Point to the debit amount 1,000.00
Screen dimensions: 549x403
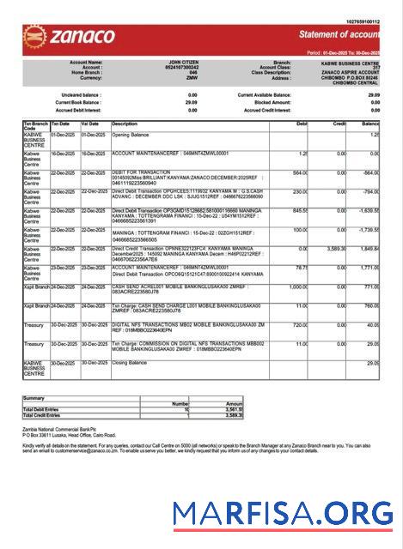point(296,287)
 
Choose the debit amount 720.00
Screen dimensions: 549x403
point(299,325)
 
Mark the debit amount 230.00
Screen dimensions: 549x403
point(299,191)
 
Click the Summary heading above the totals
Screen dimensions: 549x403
point(34,397)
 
